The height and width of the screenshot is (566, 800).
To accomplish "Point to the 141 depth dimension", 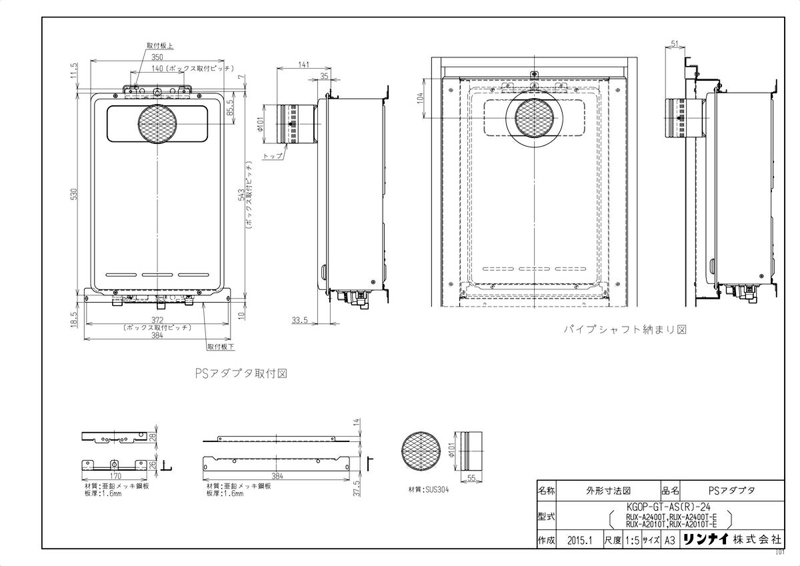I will pos(303,64).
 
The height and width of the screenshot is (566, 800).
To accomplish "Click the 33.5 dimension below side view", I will pos(299,320).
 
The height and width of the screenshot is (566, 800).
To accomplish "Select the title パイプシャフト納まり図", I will pos(625,329).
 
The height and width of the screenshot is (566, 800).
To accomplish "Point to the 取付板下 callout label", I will pos(221,347).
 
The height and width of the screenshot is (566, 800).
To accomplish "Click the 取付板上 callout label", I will pos(160,45).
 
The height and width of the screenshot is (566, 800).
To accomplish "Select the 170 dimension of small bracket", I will pos(115,477).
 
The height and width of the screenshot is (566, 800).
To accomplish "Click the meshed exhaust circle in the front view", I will pos(158,124).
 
